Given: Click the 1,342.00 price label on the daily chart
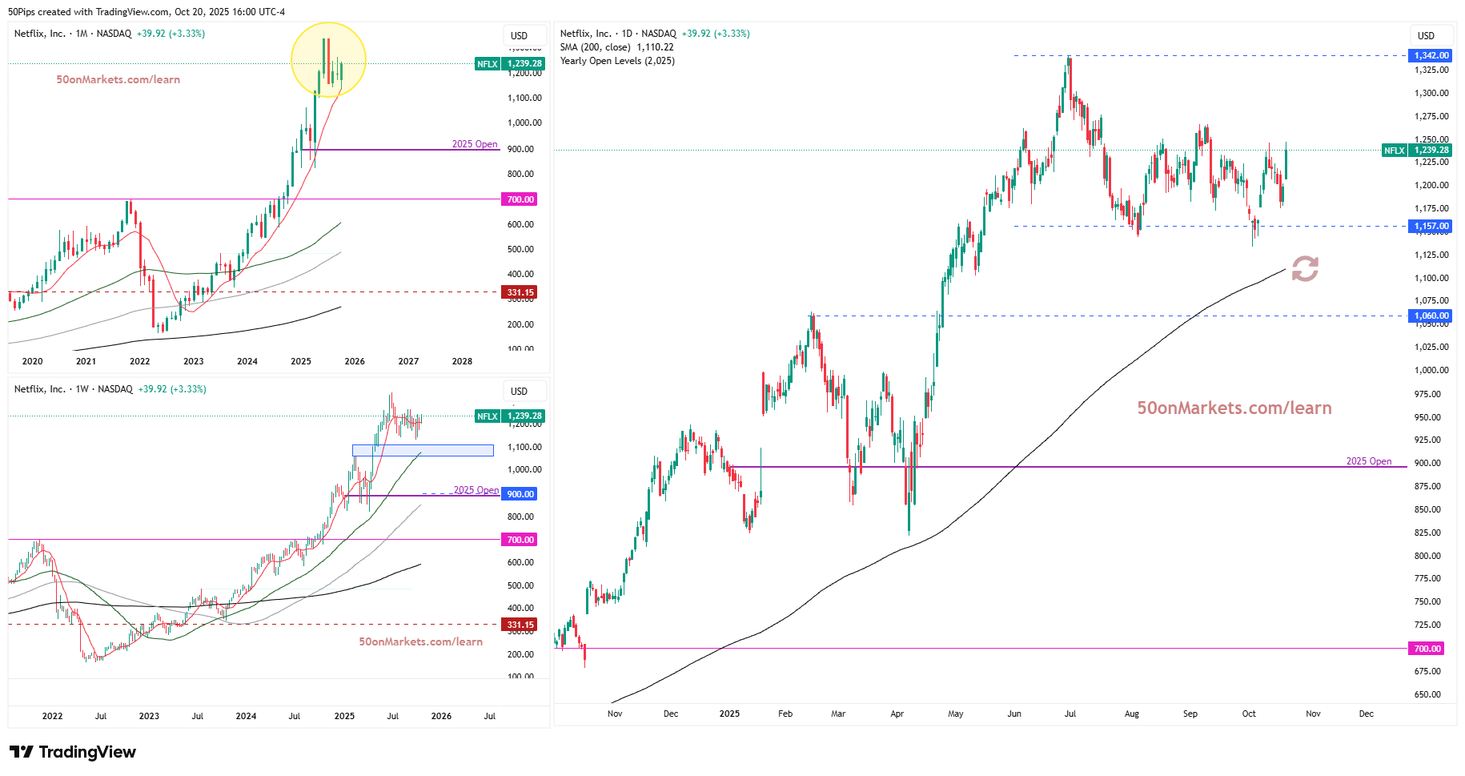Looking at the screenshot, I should pyautogui.click(x=1431, y=55).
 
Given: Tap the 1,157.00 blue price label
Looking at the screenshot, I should pyautogui.click(x=1431, y=227).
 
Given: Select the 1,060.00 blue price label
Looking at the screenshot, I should pyautogui.click(x=1431, y=316).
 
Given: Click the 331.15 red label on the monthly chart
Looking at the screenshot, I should pyautogui.click(x=520, y=292).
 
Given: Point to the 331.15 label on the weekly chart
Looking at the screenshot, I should pyautogui.click(x=520, y=625).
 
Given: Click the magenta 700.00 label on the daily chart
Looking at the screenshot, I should pyautogui.click(x=1427, y=649).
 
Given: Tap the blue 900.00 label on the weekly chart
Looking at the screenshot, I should pyautogui.click(x=520, y=494).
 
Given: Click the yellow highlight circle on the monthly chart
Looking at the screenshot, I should pyautogui.click(x=328, y=60).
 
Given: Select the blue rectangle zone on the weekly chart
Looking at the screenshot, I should pyautogui.click(x=423, y=450).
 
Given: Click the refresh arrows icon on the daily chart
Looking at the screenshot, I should pyautogui.click(x=1305, y=269).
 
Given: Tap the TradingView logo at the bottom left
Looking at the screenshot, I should pyautogui.click(x=73, y=752).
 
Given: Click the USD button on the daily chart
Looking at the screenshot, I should pyautogui.click(x=1426, y=35).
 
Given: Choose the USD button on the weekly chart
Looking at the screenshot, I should pyautogui.click(x=520, y=391).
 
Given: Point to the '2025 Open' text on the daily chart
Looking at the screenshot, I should pyautogui.click(x=1368, y=461).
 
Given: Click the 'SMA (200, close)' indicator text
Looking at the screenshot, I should pyautogui.click(x=595, y=47).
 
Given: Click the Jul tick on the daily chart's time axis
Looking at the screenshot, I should pyautogui.click(x=1070, y=714).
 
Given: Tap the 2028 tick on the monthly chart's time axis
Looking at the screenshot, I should pyautogui.click(x=462, y=361).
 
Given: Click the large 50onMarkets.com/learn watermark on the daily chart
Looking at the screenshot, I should pyautogui.click(x=1234, y=408).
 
